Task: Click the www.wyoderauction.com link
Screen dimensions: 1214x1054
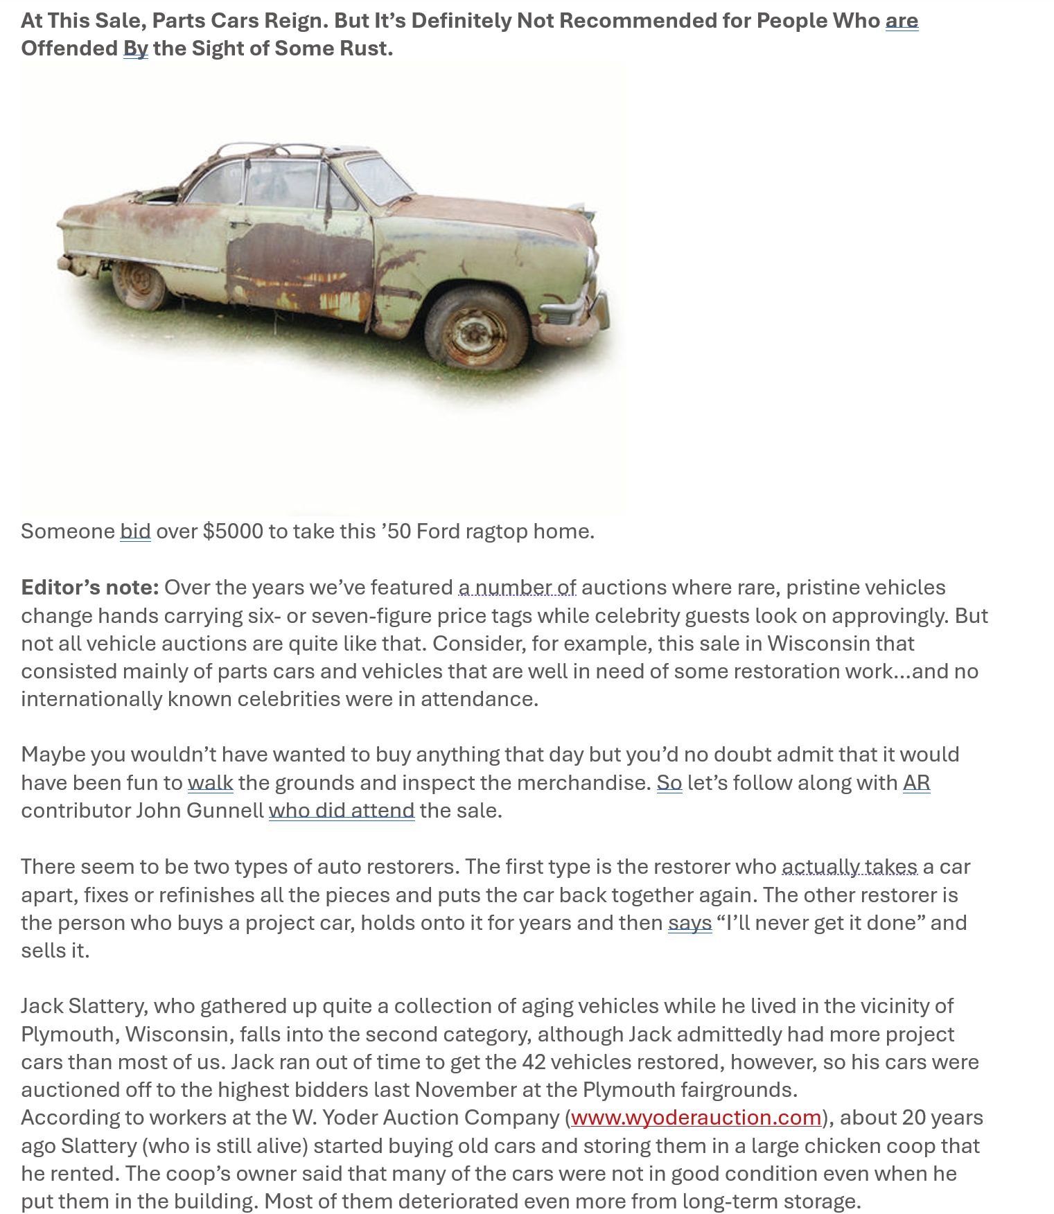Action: tap(696, 1118)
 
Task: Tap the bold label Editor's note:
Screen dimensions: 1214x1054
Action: tap(90, 588)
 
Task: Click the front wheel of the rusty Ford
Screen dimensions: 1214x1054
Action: tap(477, 331)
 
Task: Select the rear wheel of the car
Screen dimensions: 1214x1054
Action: tap(141, 285)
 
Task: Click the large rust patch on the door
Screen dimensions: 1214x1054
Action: tap(299, 267)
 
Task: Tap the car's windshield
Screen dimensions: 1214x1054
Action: tap(378, 180)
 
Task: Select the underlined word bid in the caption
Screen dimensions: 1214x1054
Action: tap(135, 531)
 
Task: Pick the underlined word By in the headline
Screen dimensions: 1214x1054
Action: tap(136, 49)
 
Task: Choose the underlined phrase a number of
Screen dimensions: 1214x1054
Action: tap(517, 588)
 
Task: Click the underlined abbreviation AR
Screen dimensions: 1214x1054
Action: tap(916, 783)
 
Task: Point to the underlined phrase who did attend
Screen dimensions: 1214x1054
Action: tap(342, 811)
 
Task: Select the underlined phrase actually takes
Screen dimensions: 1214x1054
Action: tap(850, 867)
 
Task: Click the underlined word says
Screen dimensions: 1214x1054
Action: tap(690, 923)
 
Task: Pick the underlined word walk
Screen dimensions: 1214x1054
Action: tap(210, 783)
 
